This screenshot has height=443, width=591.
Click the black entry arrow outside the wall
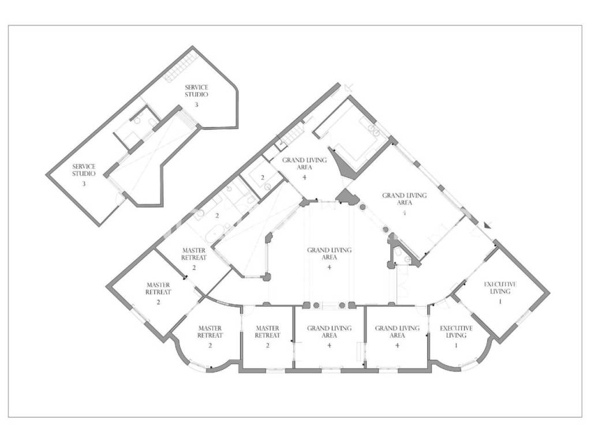tap(488, 226)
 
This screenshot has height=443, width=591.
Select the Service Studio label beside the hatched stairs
tap(196, 91)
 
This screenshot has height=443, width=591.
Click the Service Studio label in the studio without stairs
tap(84, 170)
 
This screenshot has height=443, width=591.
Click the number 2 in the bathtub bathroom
tap(217, 216)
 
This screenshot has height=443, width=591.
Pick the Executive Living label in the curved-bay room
tap(456, 332)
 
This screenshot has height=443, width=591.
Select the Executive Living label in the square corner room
tap(500, 288)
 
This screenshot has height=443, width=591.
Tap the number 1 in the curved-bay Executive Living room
tap(456, 345)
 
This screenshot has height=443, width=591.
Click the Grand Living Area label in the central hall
tap(330, 254)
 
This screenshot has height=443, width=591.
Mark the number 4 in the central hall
tap(330, 267)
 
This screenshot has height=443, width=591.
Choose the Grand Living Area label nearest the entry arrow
tap(405, 199)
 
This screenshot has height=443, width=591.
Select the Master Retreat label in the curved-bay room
tap(210, 332)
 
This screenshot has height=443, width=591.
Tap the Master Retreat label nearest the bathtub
tap(194, 254)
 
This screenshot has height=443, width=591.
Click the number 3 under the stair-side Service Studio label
tap(196, 104)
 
